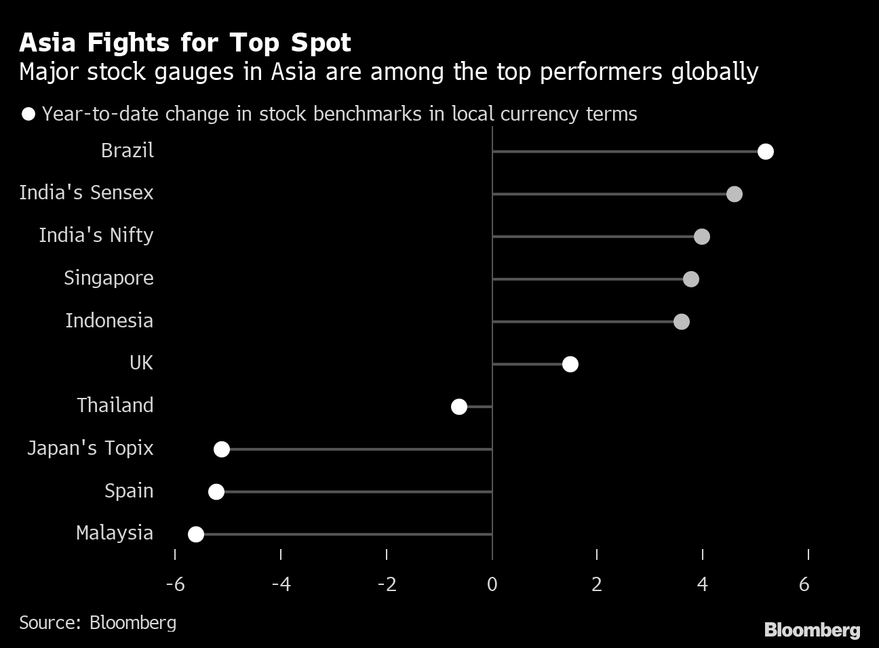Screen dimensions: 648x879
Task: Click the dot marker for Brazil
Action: click(x=765, y=152)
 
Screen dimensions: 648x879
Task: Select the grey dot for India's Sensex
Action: click(x=734, y=195)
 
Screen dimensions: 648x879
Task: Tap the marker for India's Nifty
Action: click(x=702, y=237)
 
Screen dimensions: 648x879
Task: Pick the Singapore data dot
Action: click(x=691, y=279)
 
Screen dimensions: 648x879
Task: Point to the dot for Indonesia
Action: click(x=682, y=322)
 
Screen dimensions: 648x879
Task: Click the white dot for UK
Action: click(x=570, y=365)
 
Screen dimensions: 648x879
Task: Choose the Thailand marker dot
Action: click(x=459, y=407)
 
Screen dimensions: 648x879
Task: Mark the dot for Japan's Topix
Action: click(x=222, y=449)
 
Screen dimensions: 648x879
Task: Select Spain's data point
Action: click(x=216, y=492)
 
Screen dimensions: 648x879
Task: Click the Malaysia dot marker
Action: click(x=196, y=535)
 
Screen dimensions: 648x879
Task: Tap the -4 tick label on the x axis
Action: click(x=281, y=584)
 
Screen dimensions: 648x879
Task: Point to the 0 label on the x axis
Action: click(x=492, y=584)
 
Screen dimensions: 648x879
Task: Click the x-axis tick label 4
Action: click(x=703, y=584)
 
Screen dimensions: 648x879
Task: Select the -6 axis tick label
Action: click(x=175, y=584)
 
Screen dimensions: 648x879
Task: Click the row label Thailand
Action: click(x=115, y=405)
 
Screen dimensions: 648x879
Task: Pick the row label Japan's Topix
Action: click(x=90, y=448)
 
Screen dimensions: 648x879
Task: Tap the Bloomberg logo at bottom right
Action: click(x=812, y=630)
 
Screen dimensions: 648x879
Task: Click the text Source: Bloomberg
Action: click(x=98, y=622)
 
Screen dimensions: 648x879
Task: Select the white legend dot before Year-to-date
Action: click(x=28, y=114)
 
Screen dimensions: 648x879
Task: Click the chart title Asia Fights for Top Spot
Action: click(x=185, y=43)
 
